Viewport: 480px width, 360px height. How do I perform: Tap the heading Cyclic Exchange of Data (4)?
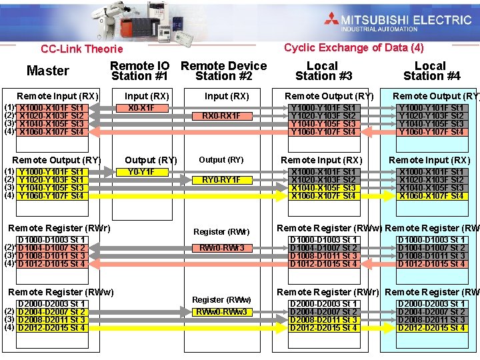point(353,47)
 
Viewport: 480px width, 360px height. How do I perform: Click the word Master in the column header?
point(47,71)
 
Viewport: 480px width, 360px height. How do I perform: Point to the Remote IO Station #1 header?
point(140,71)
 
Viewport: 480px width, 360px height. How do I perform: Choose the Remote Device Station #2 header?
point(224,71)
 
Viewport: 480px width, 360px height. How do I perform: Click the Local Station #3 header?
point(323,71)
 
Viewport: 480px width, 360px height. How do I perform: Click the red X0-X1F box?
point(141,107)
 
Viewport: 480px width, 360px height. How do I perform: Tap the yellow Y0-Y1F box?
point(141,172)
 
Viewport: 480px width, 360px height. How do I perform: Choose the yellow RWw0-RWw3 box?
point(221,312)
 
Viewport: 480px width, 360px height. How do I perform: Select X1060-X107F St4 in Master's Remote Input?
point(51,132)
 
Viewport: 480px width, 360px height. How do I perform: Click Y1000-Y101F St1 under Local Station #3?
point(323,108)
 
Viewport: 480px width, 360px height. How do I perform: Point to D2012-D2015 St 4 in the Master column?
point(51,328)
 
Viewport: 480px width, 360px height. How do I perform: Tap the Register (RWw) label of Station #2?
point(221,299)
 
